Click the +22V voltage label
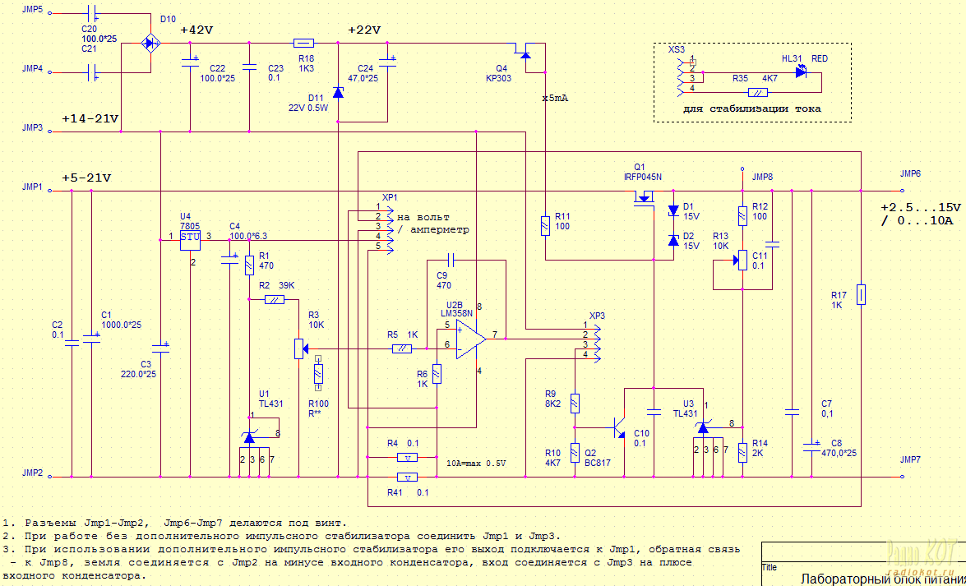(363, 30)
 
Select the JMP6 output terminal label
(910, 174)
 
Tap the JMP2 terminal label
(33, 473)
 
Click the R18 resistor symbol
(303, 43)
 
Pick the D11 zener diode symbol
(338, 94)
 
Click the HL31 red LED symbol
(802, 72)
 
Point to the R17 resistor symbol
(860, 294)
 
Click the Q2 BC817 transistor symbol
(618, 428)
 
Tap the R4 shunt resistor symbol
(408, 458)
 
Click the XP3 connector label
(597, 316)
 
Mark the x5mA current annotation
(556, 97)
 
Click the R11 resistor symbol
(545, 226)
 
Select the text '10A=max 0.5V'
(477, 464)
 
